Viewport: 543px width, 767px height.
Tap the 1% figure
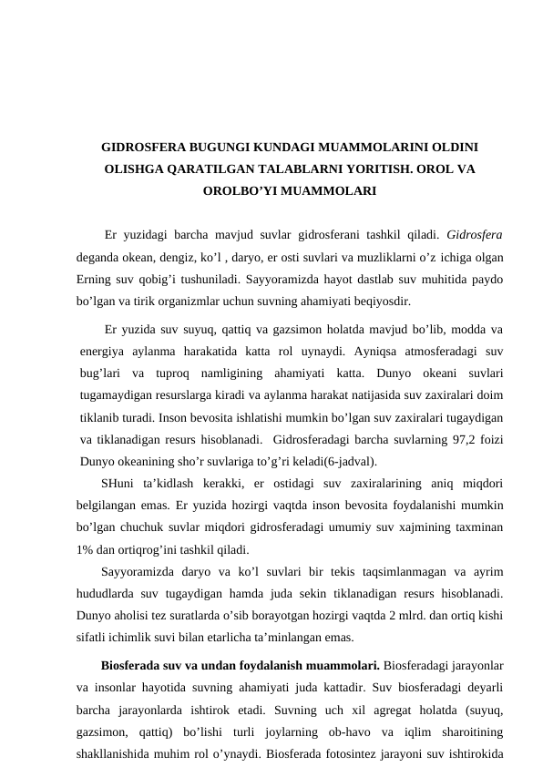pyautogui.click(x=86, y=548)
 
